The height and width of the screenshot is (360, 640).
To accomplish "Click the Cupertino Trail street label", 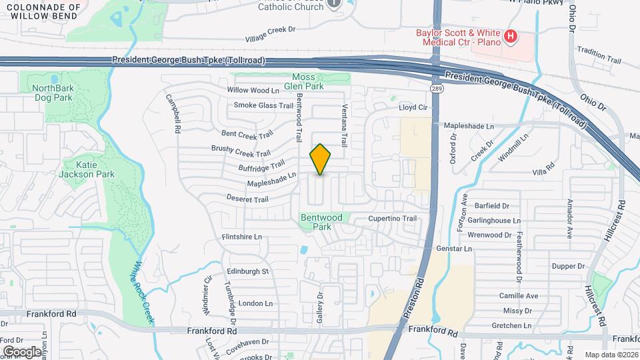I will (393, 219).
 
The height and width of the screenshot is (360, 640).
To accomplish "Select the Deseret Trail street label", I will (248, 199).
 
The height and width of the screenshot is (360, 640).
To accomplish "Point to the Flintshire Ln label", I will (242, 237).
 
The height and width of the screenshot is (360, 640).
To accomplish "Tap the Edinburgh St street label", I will (247, 271).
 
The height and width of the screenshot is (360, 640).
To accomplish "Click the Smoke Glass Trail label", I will (263, 105).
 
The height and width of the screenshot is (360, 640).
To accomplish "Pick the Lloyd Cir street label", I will (412, 107).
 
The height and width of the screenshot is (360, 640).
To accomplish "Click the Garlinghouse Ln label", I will (494, 221).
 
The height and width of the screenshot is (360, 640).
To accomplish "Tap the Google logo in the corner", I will (22, 351).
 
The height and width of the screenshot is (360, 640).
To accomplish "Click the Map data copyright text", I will (610, 355).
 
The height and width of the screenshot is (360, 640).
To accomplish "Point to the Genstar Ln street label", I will (453, 249).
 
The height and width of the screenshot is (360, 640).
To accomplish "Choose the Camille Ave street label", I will (519, 296).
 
